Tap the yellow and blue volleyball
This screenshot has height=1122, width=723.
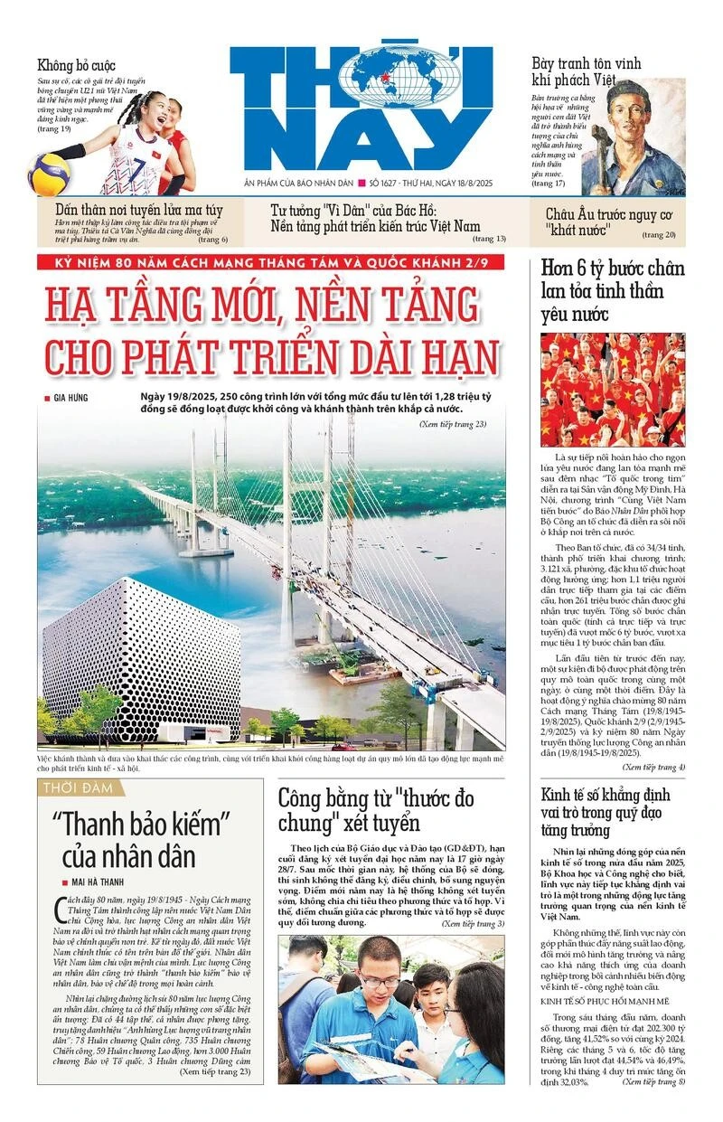49,174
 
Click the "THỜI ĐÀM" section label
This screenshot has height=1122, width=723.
79,788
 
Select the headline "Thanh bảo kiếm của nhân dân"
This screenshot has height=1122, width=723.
141,839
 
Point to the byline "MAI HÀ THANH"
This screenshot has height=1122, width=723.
111,882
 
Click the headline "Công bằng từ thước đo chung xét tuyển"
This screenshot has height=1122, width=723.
375,810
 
